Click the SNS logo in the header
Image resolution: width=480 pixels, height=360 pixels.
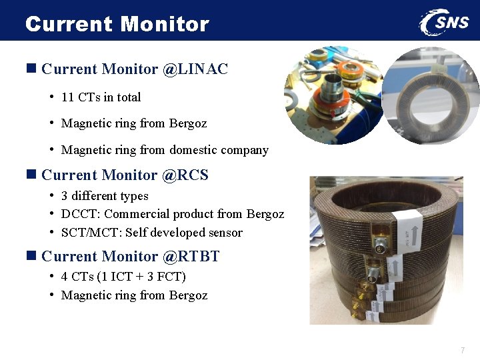445,22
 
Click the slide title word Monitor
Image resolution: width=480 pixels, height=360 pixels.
165,24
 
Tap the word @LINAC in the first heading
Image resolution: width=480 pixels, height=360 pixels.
195,69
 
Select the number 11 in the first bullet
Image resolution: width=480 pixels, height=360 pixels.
67,97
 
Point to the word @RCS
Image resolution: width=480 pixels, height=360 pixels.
185,175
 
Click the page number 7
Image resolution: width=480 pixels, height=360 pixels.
462,351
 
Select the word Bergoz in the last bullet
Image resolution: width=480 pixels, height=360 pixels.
188,295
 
